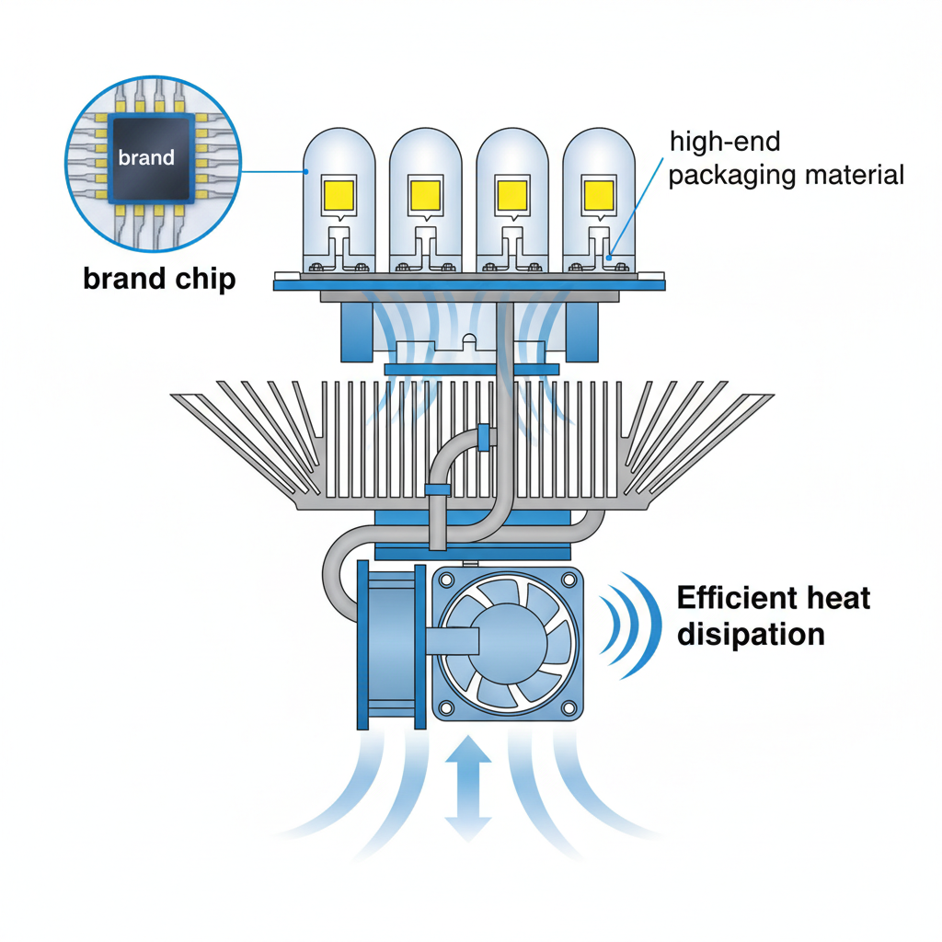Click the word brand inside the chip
point(146,157)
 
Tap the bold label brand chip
point(159,279)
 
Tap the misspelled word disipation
point(750,634)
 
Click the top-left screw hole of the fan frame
point(449,580)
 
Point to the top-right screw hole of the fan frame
point(568,580)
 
